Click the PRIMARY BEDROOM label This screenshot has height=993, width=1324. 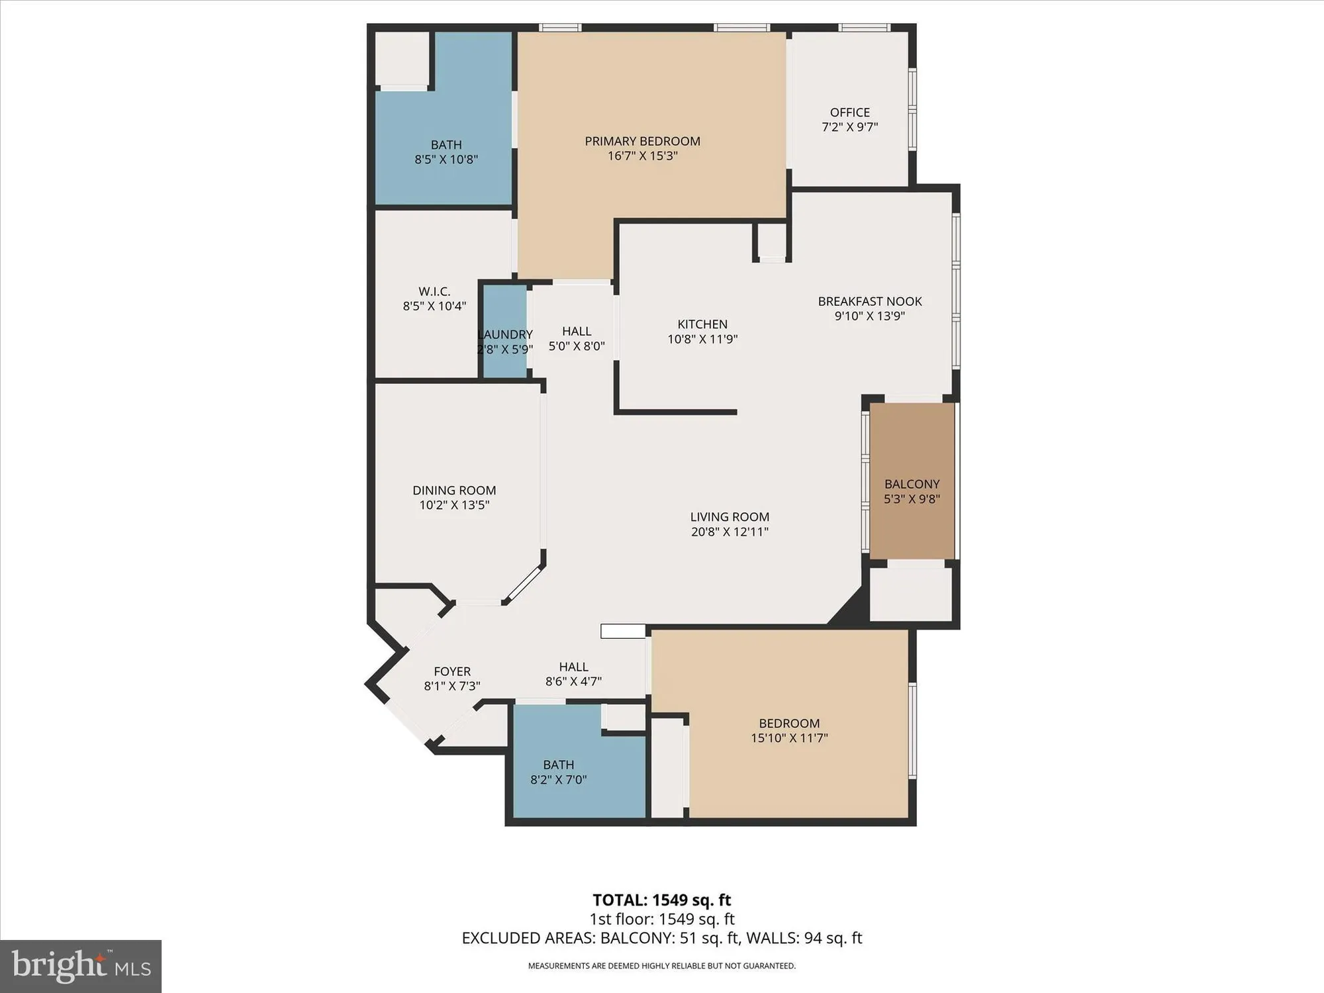click(x=642, y=141)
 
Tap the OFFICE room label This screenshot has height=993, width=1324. click(x=849, y=113)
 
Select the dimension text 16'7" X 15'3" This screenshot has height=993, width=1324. click(x=642, y=156)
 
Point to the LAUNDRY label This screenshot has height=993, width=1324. click(x=505, y=334)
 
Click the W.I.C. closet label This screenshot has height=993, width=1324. click(x=434, y=291)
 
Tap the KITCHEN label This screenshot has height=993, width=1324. click(x=702, y=324)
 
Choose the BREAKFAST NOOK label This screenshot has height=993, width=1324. click(x=869, y=301)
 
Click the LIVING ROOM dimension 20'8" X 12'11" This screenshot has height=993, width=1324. click(x=730, y=532)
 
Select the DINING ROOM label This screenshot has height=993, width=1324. click(x=454, y=491)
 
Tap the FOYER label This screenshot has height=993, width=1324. click(x=452, y=671)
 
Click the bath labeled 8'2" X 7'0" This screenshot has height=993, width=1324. click(x=558, y=772)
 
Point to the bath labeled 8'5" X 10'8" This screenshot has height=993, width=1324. click(x=446, y=152)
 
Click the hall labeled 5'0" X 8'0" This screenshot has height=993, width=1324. click(x=576, y=338)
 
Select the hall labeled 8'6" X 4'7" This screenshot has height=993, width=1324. click(x=573, y=674)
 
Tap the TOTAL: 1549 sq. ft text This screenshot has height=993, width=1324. click(x=661, y=900)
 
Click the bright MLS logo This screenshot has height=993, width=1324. click(x=81, y=966)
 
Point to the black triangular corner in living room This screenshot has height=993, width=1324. click(x=850, y=610)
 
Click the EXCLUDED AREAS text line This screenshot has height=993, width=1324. click(x=661, y=938)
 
